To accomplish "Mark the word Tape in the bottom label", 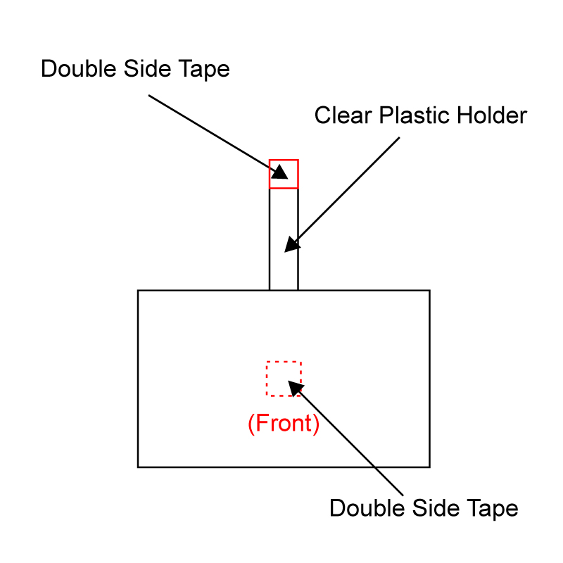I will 492,509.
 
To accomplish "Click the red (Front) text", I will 284,424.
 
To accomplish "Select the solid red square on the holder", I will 284,174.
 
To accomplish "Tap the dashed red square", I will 284,379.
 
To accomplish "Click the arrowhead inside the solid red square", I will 280,172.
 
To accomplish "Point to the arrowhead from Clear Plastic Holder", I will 291,245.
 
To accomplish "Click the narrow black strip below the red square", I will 284,239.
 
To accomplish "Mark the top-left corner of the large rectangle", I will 138,290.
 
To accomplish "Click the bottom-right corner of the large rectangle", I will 429,467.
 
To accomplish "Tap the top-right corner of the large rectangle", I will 429,290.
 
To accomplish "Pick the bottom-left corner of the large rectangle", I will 138,467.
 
